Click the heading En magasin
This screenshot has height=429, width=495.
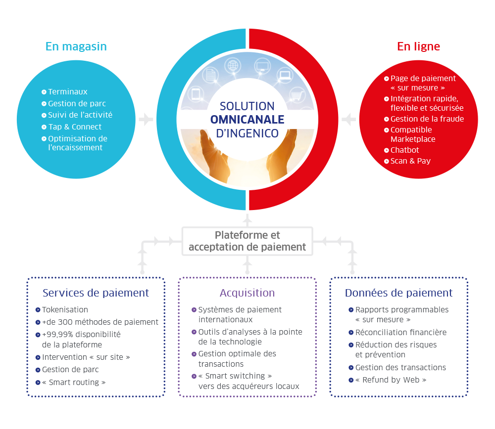76,46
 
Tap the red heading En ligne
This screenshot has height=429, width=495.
418,46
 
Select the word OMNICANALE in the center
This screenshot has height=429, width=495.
247,120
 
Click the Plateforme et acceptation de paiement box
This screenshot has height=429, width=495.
247,241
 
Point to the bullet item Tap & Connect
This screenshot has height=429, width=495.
75,127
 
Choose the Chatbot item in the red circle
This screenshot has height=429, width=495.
404,150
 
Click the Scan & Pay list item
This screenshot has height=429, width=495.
410,161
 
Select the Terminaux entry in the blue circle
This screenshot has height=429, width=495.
68,92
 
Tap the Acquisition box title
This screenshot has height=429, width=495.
247,293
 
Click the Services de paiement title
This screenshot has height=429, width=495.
96,293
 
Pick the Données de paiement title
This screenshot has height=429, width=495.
398,293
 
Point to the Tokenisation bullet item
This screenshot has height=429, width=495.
65,310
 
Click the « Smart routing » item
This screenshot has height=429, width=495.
74,383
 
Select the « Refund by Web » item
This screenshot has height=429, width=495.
391,380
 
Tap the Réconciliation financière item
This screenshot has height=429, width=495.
401,333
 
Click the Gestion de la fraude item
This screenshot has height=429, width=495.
427,119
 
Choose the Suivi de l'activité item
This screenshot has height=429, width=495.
80,115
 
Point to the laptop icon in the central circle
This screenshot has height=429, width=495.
285,76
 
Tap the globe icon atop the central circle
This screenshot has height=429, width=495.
232,65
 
